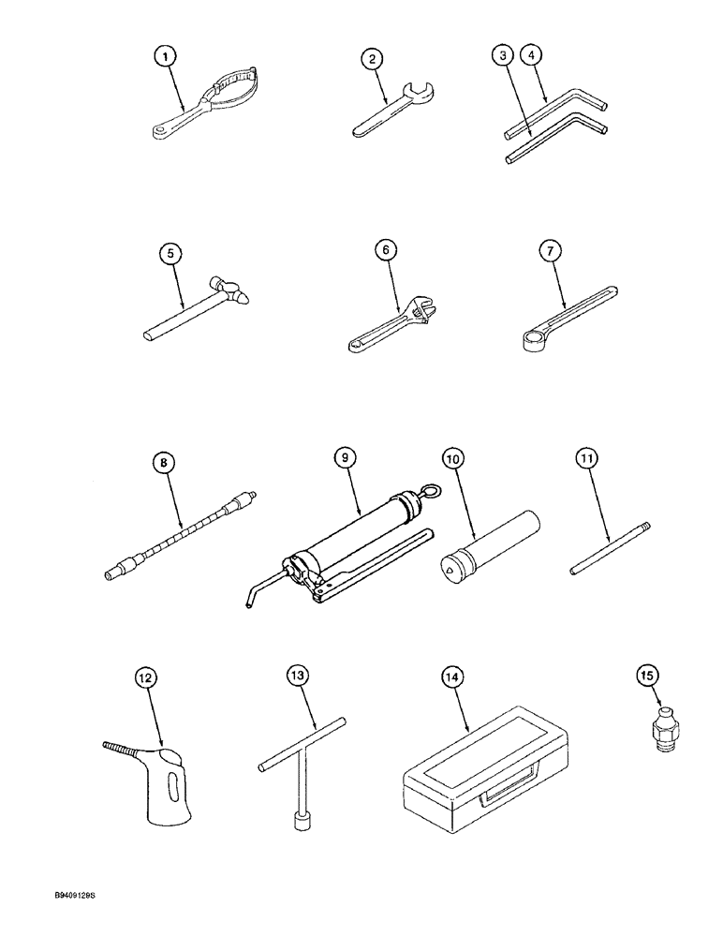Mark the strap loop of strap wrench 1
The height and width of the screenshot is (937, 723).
point(236,94)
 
